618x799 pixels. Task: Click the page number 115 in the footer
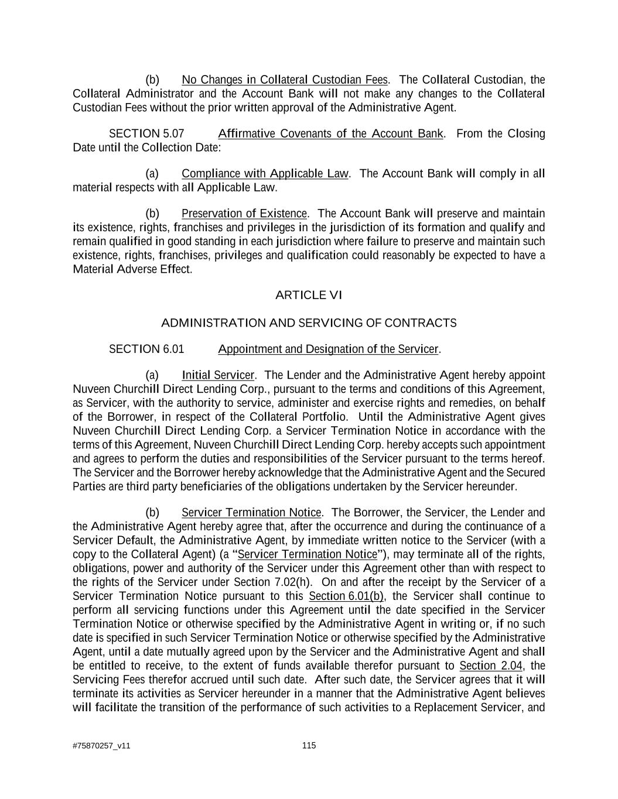click(309, 745)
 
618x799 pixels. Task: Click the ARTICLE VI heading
click(308, 295)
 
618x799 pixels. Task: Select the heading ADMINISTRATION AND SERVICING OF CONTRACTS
click(309, 323)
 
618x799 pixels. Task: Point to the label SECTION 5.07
click(146, 134)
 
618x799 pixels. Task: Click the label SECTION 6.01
click(146, 349)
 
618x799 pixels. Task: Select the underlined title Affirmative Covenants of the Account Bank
click(330, 134)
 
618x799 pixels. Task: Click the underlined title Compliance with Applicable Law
click(265, 174)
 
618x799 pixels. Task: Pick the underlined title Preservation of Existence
click(244, 214)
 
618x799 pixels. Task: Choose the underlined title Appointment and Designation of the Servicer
click(328, 349)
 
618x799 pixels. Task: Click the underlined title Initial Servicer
click(218, 375)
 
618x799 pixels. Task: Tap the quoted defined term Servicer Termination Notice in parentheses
click(308, 554)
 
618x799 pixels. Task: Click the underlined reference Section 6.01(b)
click(346, 596)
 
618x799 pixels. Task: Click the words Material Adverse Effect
click(132, 269)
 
